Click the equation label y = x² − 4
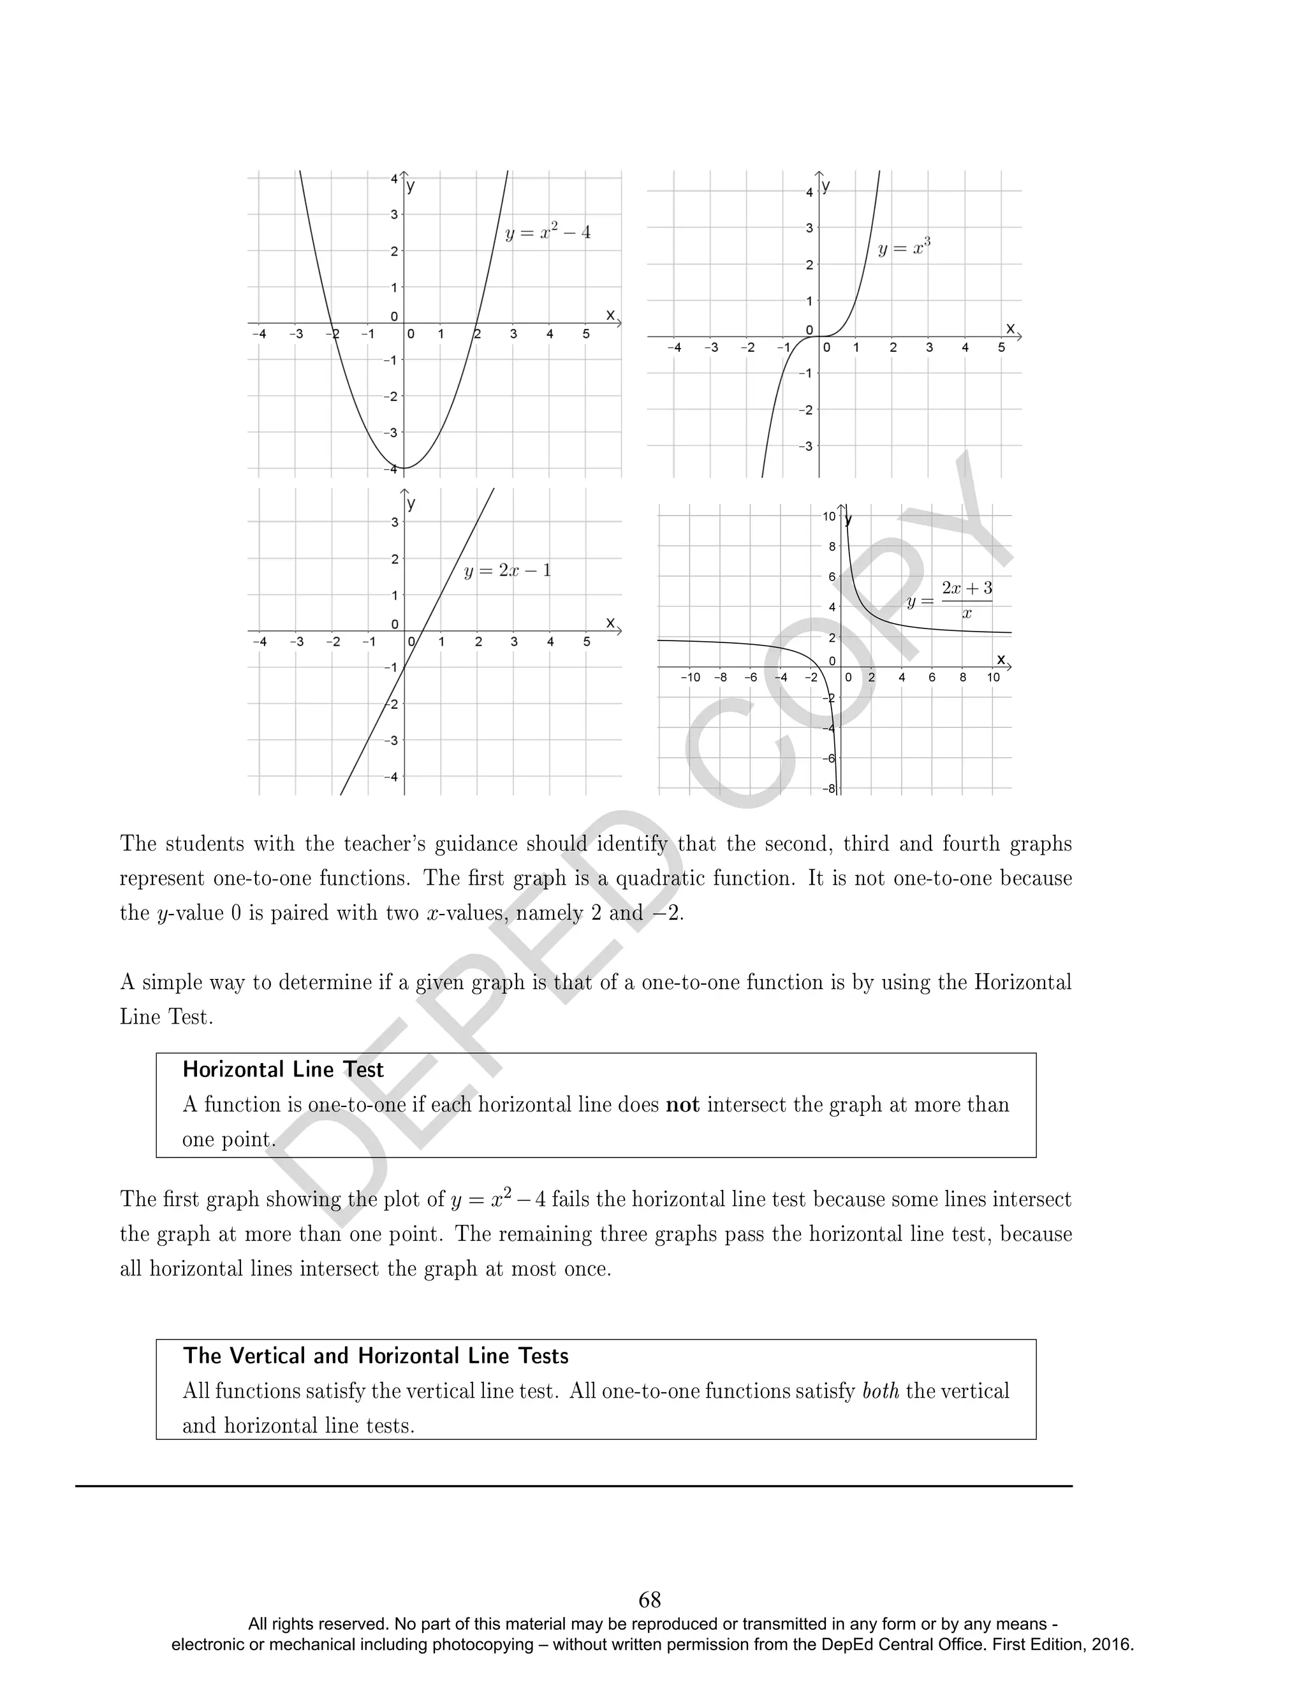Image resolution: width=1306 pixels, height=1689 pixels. coord(548,232)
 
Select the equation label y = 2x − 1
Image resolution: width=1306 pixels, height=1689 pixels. coord(508,572)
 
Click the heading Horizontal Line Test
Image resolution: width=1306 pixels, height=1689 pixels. coord(283,1069)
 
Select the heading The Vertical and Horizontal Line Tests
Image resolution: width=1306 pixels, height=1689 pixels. coord(376,1356)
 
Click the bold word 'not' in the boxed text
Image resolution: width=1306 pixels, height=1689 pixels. coord(682,1105)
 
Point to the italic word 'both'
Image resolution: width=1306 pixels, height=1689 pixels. coord(881,1391)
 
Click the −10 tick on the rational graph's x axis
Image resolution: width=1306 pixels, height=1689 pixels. coord(690,678)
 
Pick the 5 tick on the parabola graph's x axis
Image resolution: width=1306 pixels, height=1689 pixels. coord(585,334)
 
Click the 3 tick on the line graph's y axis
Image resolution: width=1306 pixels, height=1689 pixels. coord(395,522)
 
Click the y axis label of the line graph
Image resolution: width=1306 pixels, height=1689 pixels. coord(411,504)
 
